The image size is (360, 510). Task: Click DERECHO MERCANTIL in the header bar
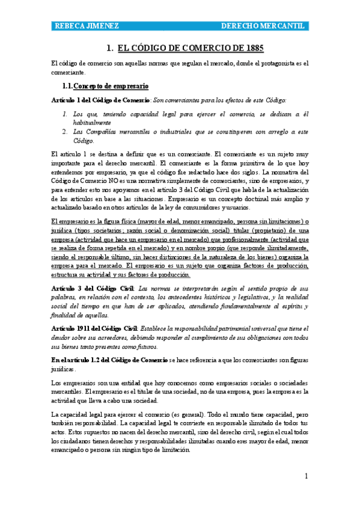pyautogui.click(x=263, y=26)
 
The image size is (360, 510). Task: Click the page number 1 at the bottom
pyautogui.click(x=306, y=476)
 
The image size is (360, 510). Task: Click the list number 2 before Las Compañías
pyautogui.click(x=64, y=132)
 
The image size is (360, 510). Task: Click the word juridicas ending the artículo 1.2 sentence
pyautogui.click(x=64, y=369)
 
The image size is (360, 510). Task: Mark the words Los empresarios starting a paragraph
pyautogui.click(x=72, y=383)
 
